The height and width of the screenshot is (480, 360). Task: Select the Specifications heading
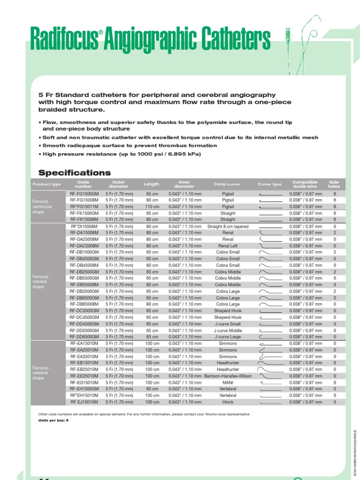(75, 172)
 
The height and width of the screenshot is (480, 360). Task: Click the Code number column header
(84, 184)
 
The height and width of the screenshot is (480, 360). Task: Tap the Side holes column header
(334, 184)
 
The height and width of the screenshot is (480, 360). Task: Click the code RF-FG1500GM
(84, 194)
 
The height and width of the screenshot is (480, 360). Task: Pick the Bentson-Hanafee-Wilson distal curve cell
(228, 376)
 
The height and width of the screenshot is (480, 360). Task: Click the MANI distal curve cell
(228, 382)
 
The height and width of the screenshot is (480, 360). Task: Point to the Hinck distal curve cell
(228, 402)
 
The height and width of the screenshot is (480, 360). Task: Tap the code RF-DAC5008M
(84, 246)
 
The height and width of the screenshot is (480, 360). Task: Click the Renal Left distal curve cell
(228, 246)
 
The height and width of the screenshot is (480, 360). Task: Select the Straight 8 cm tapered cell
(228, 226)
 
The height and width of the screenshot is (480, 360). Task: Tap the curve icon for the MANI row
(270, 382)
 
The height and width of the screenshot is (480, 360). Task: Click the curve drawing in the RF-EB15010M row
(270, 362)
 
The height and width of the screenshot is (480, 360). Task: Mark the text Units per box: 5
(53, 420)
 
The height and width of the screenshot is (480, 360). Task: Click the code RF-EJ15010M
(84, 402)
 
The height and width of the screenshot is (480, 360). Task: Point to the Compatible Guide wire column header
(305, 184)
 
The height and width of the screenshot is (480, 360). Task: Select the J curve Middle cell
(228, 330)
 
